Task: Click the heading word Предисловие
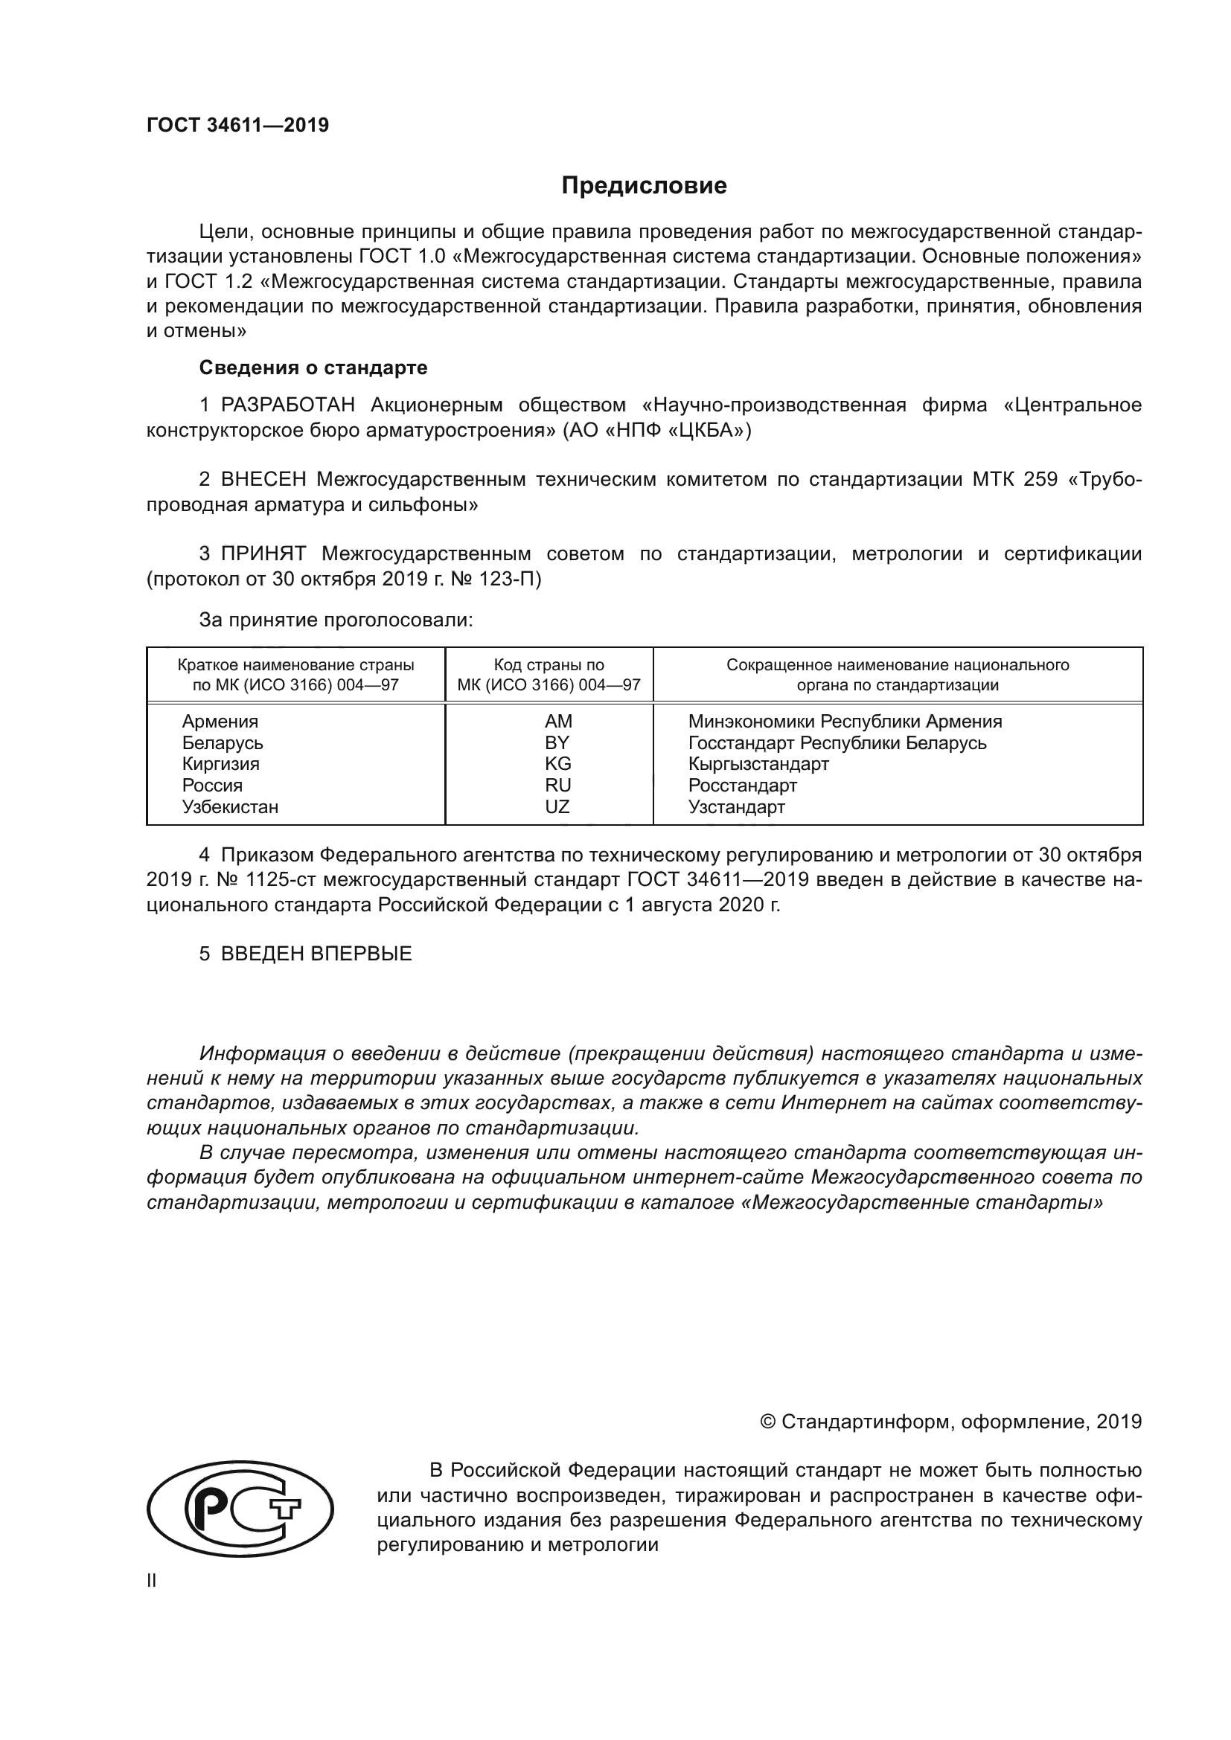tap(644, 186)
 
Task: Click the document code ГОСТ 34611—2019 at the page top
tap(237, 125)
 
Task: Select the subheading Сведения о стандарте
tap(313, 367)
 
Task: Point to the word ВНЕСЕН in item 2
tap(263, 480)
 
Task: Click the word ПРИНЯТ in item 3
tap(263, 554)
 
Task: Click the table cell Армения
tap(220, 722)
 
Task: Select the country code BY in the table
tap(557, 742)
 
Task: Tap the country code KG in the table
tap(557, 764)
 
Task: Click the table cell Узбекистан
tap(230, 807)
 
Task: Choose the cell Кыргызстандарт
tap(758, 764)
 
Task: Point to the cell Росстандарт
tap(742, 785)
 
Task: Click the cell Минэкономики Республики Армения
tap(845, 722)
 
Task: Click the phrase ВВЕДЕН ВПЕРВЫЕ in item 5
tap(316, 954)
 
